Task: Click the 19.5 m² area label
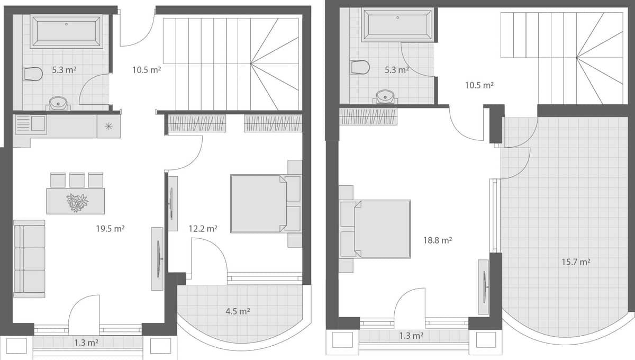tap(110, 229)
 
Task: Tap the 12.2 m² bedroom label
tap(203, 229)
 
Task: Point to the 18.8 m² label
tap(437, 240)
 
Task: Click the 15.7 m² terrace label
tap(576, 262)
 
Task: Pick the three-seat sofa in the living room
tap(29, 259)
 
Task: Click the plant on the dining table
tap(77, 203)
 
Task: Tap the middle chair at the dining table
tap(77, 180)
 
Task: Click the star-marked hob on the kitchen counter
tap(108, 126)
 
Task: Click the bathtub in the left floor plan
tap(66, 32)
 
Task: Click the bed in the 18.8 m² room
tap(381, 229)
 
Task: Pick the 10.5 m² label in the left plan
tap(147, 69)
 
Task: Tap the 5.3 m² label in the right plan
tap(396, 69)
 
